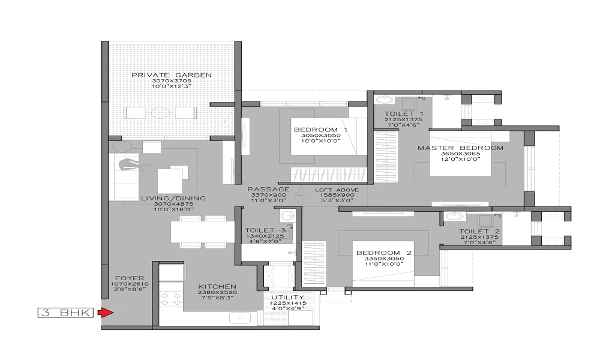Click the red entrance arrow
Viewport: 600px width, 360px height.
coord(105,313)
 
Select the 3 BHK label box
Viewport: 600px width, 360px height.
coord(65,313)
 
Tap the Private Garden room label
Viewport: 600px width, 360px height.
coord(172,75)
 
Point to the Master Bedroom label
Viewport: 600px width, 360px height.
coord(460,148)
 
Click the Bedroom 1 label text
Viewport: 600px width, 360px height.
coord(320,130)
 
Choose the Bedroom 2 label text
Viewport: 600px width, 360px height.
coord(384,253)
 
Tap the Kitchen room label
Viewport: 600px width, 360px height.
coord(217,287)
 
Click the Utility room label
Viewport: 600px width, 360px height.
coord(288,297)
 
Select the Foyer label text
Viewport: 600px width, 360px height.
coord(130,278)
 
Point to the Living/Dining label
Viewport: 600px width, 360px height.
coord(173,198)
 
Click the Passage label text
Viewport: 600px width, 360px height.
coord(268,190)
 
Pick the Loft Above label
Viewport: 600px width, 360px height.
coord(337,190)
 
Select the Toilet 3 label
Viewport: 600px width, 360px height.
coord(265,230)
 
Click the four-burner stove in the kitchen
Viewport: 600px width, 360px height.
coord(170,299)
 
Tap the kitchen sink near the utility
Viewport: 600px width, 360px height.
coord(240,317)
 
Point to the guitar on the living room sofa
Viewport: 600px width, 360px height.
coord(134,165)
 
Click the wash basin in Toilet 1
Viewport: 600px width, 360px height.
coord(384,100)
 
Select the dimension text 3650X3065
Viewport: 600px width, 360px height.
coord(460,154)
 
